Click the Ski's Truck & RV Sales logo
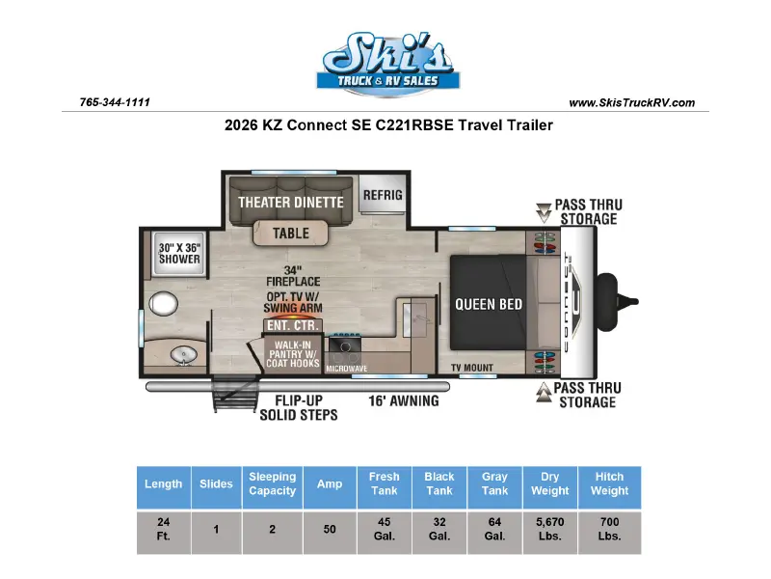[388, 63]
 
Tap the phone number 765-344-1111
[115, 102]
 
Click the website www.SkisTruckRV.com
[632, 103]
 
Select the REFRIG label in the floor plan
[383, 195]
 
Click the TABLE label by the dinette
[291, 233]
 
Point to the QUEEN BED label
[489, 304]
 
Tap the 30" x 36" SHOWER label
[179, 254]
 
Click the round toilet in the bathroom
[163, 303]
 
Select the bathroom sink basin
[183, 355]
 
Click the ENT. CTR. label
[293, 325]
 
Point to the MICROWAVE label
[347, 369]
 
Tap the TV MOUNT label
[472, 368]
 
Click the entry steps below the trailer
[235, 393]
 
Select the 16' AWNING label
[404, 400]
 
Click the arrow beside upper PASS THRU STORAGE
[544, 212]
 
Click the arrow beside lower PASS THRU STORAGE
[544, 393]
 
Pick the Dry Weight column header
[549, 483]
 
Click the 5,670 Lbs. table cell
[549, 529]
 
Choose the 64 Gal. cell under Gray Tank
[494, 529]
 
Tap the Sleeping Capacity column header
[273, 483]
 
